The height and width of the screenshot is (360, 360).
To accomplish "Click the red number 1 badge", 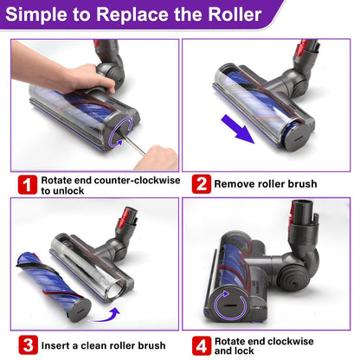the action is pos(28,184).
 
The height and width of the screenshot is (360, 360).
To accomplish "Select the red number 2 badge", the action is pos(202,183).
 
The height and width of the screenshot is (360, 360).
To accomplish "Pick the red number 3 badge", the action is pos(29,345).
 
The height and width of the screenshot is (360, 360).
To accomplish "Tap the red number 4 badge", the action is pos(202,345).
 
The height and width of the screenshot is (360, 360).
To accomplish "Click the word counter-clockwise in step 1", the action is pos(137,181).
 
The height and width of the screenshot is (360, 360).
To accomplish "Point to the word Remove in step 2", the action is pos(232,183).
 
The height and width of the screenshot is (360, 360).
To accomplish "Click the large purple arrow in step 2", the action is pos(238,129).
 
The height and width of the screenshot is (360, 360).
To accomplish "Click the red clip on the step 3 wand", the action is pos(126,216).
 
